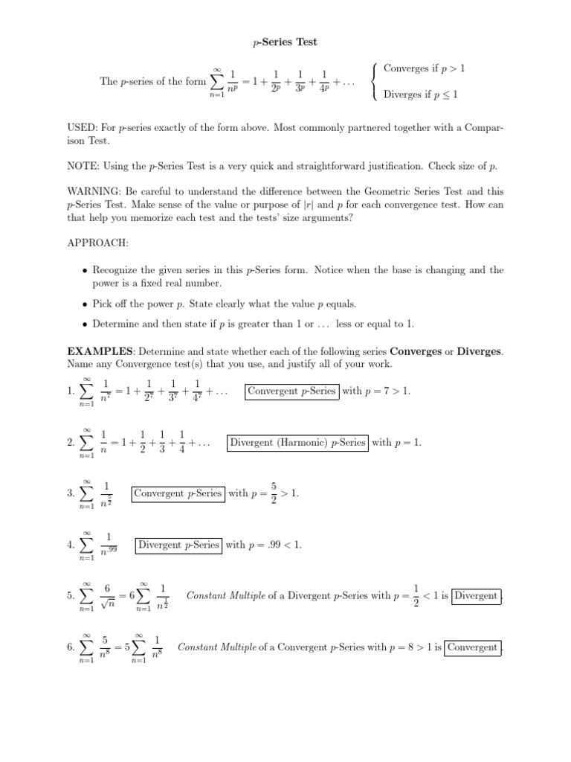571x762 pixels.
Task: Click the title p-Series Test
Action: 285,42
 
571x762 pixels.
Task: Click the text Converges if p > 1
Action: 425,69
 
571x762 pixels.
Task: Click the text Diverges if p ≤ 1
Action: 420,95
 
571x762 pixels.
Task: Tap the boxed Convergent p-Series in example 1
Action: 291,391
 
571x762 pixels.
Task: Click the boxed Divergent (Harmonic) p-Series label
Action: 298,442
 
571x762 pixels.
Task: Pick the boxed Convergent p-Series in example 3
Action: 177,493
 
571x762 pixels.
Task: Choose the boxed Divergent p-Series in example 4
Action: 178,545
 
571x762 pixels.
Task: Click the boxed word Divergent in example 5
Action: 477,596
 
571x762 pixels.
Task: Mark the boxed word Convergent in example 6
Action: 473,647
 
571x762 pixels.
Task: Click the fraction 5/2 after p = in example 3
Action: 274,493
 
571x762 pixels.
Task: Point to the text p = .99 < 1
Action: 263,545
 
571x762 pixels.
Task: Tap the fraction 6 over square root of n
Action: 107,596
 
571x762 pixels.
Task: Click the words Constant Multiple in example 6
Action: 210,647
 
